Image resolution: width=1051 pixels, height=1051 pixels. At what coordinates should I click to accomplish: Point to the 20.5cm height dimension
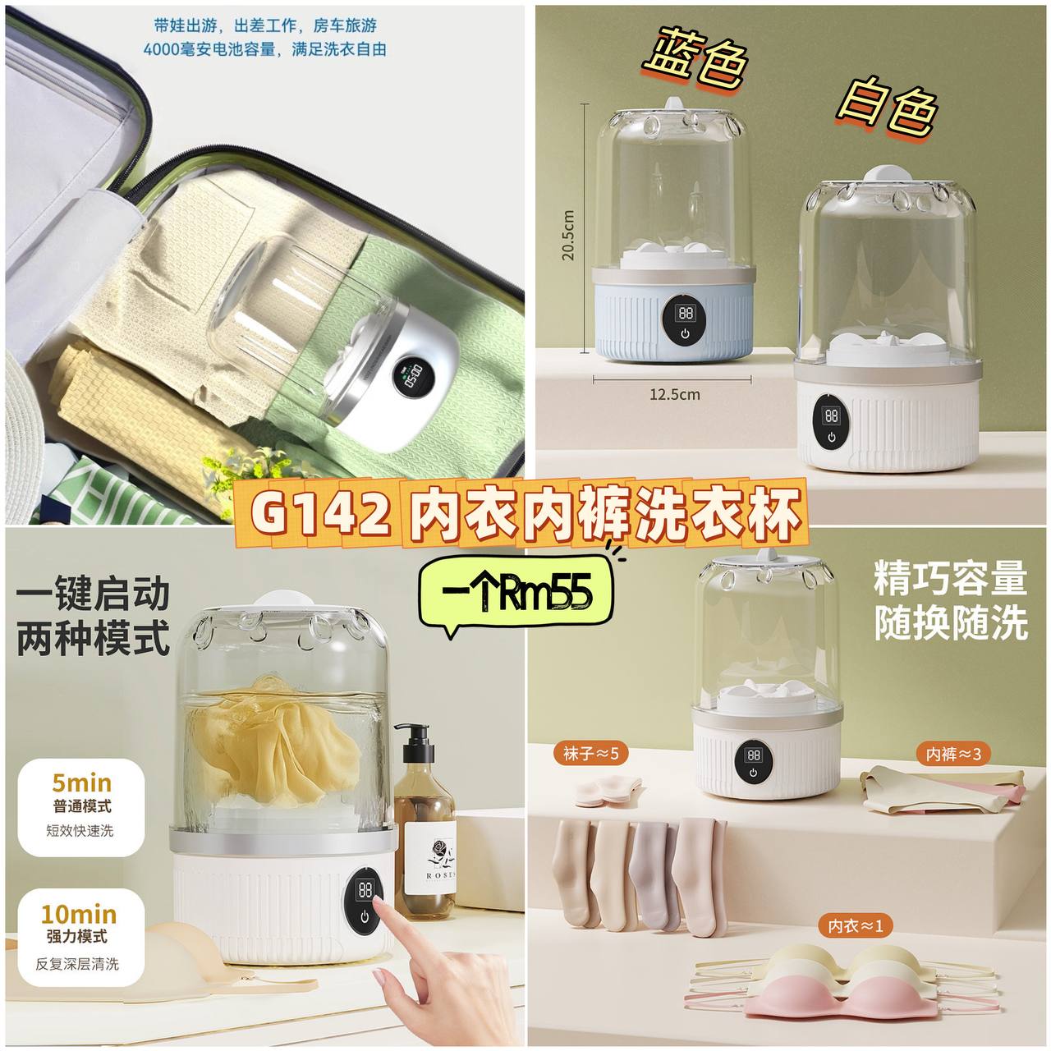tap(569, 235)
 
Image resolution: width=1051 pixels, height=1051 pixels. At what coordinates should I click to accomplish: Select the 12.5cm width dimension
tap(674, 394)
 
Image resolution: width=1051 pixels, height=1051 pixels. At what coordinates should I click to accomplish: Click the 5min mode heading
tap(82, 783)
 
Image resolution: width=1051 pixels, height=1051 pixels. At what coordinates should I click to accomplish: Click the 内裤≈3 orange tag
tap(952, 755)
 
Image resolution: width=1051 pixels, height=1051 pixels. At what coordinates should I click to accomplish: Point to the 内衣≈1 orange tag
tap(855, 925)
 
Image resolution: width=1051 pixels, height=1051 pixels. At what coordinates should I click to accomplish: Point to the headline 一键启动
tap(93, 594)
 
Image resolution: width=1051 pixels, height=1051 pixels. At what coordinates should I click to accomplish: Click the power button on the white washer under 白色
tap(831, 437)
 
